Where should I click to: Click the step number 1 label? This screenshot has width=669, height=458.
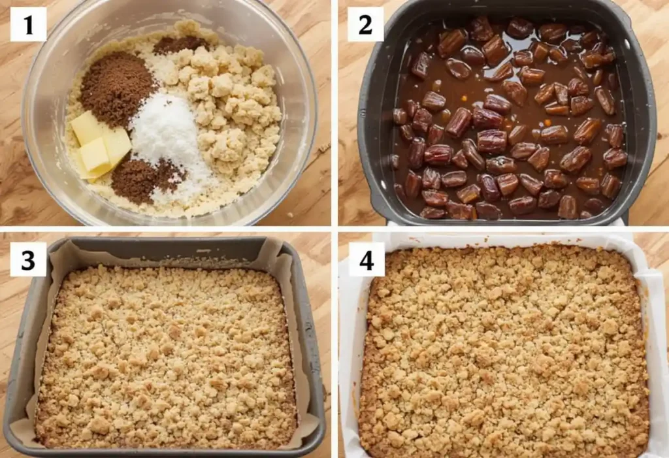(x=28, y=24)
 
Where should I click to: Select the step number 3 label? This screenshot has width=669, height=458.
(x=28, y=259)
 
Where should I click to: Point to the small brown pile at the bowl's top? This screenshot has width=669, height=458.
(x=180, y=44)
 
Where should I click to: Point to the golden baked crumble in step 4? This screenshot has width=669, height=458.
(x=503, y=353)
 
